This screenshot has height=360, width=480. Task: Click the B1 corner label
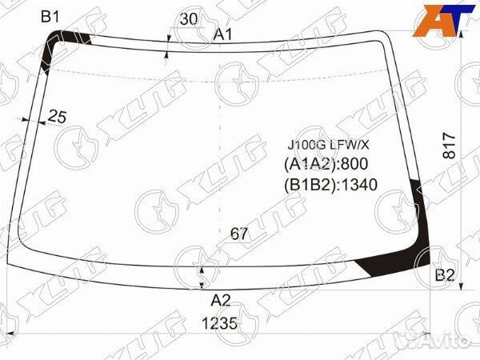point(50,17)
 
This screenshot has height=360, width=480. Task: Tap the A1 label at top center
point(223,34)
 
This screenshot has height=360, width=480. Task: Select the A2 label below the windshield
point(221,301)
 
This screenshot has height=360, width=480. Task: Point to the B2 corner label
point(445,275)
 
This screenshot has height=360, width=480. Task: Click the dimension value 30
point(189,19)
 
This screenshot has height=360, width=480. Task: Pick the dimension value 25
point(58,117)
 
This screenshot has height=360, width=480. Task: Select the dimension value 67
point(238,234)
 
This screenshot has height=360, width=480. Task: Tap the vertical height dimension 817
point(449,146)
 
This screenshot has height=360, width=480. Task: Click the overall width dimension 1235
point(219,323)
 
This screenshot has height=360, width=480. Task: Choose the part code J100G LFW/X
point(328,145)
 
